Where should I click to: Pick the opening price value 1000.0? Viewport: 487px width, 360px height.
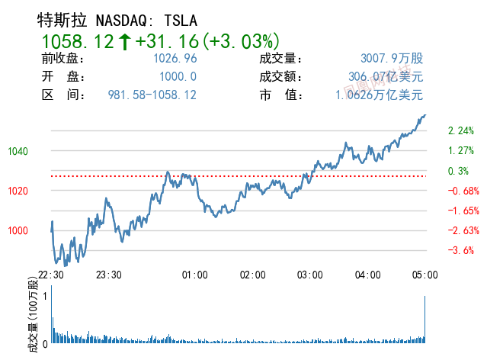pos(178,77)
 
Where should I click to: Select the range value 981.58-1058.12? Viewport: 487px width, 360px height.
pos(152,95)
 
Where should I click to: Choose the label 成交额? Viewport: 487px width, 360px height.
pos(281,77)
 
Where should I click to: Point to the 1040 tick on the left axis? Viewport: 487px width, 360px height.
pos(18,151)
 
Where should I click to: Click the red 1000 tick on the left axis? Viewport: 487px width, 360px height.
pos(18,230)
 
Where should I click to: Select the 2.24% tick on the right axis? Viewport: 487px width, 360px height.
pos(461,130)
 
